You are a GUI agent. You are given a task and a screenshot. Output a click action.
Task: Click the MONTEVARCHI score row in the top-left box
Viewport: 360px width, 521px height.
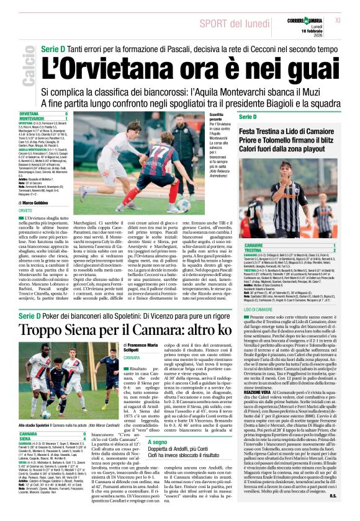pos(43,118)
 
